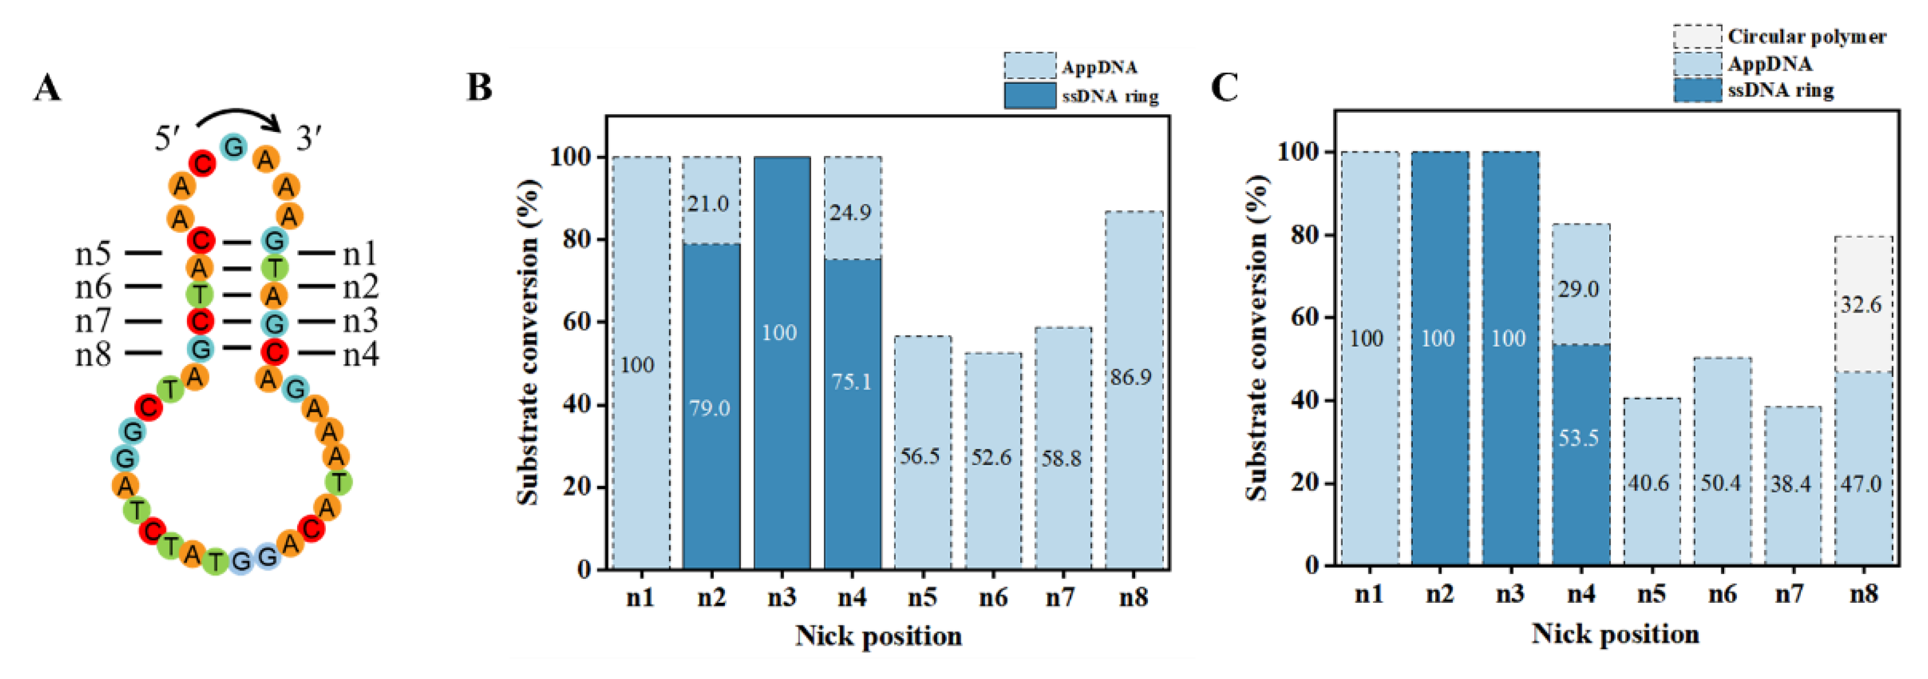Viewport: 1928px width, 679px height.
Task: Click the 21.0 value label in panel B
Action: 708,203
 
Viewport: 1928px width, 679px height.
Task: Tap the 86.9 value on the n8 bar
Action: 1130,376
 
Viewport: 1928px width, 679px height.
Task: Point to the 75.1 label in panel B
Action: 851,382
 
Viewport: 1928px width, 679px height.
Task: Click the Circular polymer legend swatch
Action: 1697,36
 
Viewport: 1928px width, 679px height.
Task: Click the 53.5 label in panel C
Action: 1579,437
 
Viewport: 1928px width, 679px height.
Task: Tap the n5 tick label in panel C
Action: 1650,593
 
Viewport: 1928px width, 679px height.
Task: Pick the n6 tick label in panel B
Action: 993,597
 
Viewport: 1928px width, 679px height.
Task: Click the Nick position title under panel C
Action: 1614,633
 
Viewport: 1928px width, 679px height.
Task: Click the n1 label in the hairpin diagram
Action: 360,254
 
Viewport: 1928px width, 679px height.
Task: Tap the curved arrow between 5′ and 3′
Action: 238,116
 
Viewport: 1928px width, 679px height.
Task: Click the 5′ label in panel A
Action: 167,139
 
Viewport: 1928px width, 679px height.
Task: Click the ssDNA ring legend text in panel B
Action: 1110,97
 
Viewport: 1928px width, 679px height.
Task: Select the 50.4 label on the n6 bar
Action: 1720,483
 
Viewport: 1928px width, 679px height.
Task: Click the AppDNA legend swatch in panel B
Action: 1029,66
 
